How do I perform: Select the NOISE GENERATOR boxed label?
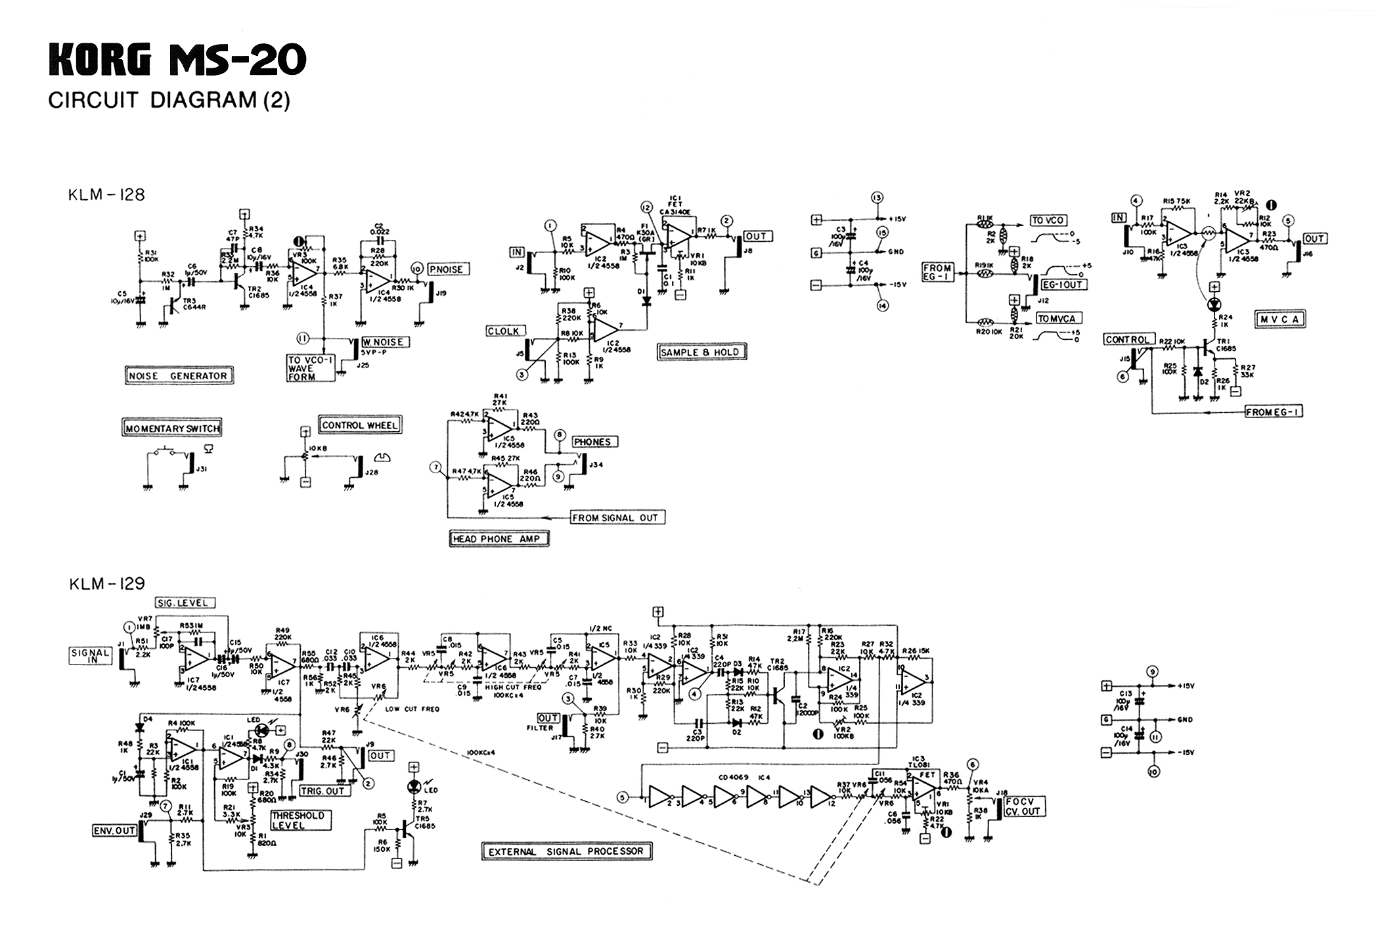pyautogui.click(x=178, y=376)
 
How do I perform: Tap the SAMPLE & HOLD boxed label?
pyautogui.click(x=702, y=352)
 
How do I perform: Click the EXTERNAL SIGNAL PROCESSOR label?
pyautogui.click(x=566, y=852)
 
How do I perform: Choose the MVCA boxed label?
pyautogui.click(x=1279, y=319)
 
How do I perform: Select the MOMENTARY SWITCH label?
pyautogui.click(x=173, y=428)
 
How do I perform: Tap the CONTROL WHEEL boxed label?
pyautogui.click(x=360, y=425)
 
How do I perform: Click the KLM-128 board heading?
pyautogui.click(x=106, y=195)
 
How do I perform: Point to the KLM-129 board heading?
pyautogui.click(x=107, y=584)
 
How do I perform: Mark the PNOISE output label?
pyautogui.click(x=446, y=269)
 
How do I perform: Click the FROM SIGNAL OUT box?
pyautogui.click(x=615, y=518)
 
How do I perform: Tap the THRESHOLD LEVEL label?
pyautogui.click(x=298, y=820)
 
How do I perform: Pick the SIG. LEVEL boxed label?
pyautogui.click(x=185, y=603)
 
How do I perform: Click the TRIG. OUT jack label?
pyautogui.click(x=325, y=791)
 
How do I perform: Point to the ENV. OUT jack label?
pyautogui.click(x=114, y=831)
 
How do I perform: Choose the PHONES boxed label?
pyautogui.click(x=594, y=442)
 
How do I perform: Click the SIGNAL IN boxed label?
pyautogui.click(x=91, y=655)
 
